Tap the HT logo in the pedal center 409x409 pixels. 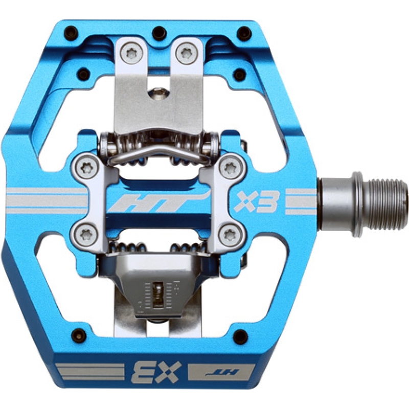[x=159, y=201]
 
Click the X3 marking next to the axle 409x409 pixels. [x=255, y=201]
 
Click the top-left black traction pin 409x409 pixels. [x=71, y=32]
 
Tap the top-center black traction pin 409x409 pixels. [x=159, y=32]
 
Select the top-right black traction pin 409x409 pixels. [x=245, y=33]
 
